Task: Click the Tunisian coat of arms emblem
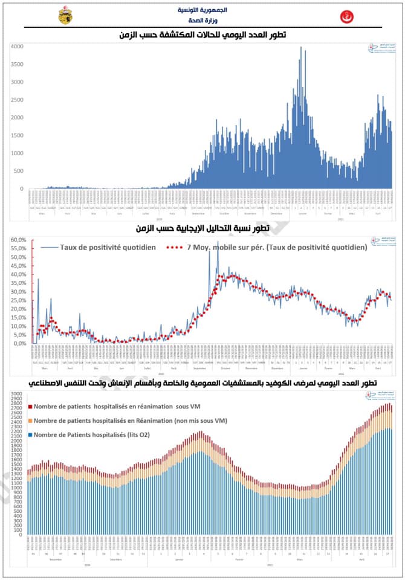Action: pos(65,16)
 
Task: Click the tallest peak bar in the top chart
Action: pos(301,48)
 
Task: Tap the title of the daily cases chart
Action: pos(202,35)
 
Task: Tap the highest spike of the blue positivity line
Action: pos(218,242)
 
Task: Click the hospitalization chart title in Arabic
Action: pos(202,384)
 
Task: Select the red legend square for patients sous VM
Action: pos(30,407)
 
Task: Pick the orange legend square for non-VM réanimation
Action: pos(30,420)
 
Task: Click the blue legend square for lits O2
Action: pos(30,434)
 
